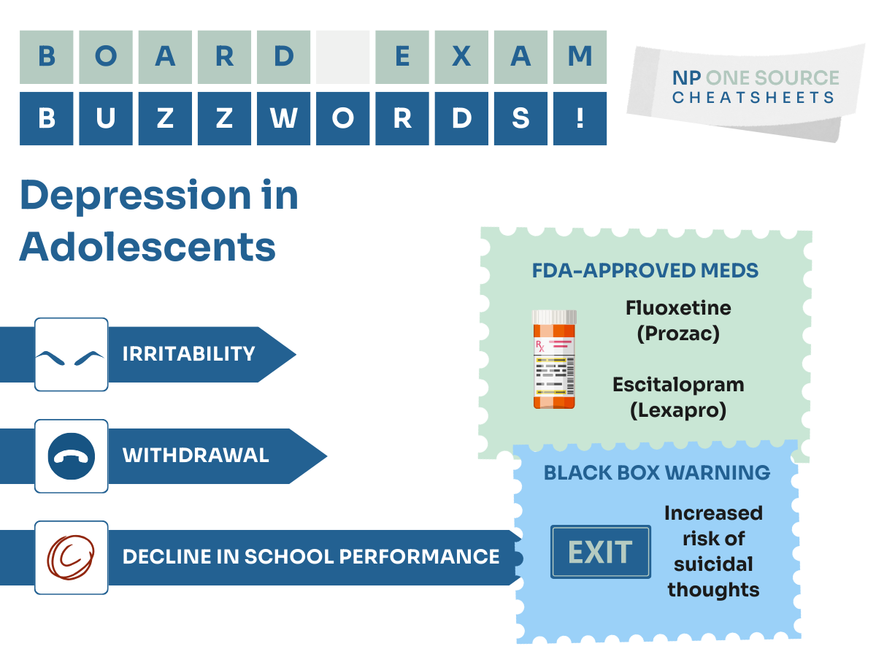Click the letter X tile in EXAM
point(461,57)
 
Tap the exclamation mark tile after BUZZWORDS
point(580,118)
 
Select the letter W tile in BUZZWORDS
point(283,118)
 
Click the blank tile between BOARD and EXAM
point(342,57)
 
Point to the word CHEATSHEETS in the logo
point(753,97)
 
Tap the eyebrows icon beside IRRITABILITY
point(71,354)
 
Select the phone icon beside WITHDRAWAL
point(71,456)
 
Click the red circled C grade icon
point(71,557)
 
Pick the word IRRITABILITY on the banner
point(188,354)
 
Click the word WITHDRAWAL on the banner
point(196,456)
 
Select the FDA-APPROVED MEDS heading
point(645,271)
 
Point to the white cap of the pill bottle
point(554,316)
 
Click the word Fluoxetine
point(678,307)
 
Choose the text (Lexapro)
point(678,410)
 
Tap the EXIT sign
point(600,553)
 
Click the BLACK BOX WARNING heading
point(656,472)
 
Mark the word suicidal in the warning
point(713,564)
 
